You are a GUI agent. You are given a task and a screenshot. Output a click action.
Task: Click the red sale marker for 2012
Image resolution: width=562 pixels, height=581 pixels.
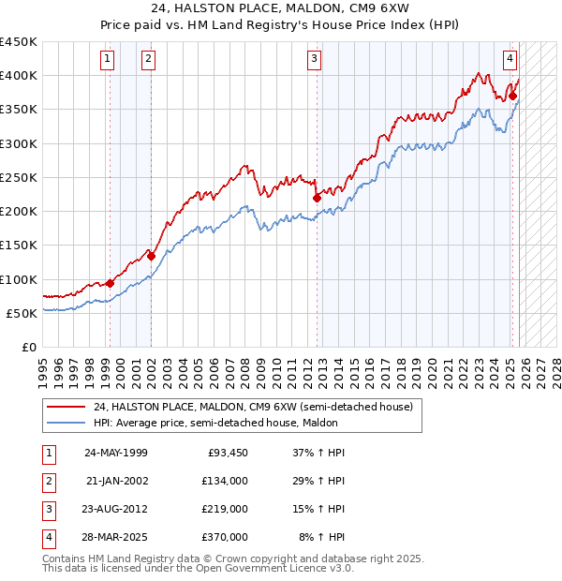[317, 198]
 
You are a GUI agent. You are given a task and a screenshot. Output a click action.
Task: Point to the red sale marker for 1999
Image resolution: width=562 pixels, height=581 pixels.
[110, 283]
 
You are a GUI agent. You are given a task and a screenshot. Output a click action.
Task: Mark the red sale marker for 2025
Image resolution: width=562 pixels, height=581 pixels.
[512, 96]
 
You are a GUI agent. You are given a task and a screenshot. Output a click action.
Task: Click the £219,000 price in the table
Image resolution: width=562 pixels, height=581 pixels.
[225, 509]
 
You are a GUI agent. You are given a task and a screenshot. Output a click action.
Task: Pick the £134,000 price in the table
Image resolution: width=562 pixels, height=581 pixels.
[225, 481]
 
